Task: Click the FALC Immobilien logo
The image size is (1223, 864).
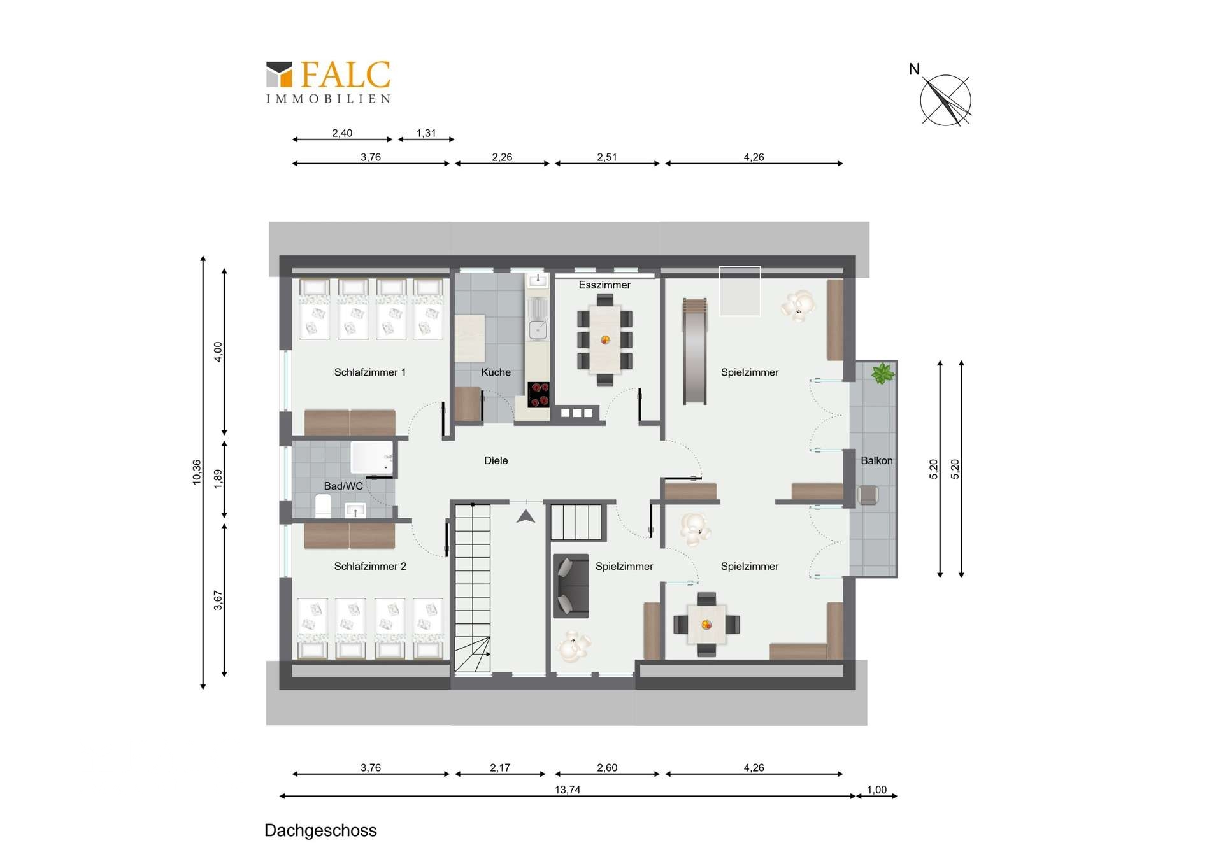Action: point(328,81)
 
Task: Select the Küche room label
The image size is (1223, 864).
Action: point(496,372)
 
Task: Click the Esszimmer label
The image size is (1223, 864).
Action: point(604,285)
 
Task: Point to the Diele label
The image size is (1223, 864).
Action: point(496,460)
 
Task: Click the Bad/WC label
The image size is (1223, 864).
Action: point(343,486)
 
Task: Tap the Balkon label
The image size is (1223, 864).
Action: point(876,460)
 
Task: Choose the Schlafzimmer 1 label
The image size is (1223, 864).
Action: point(369,372)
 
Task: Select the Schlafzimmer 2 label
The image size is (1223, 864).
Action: point(370,566)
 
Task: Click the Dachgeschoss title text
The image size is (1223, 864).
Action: point(320,831)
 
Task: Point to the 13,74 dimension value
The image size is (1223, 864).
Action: point(567,790)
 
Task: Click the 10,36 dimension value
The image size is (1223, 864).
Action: point(197,472)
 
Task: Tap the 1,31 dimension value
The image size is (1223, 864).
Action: point(426,133)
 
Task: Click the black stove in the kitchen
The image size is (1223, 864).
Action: point(539,394)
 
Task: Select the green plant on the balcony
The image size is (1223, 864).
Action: point(882,374)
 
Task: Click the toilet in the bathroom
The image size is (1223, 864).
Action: point(323,507)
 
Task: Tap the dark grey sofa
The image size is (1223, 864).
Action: point(571,586)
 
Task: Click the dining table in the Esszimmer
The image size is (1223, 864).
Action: point(604,339)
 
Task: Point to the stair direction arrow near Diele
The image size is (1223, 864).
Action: point(526,516)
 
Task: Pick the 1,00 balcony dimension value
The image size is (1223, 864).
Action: point(876,790)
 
